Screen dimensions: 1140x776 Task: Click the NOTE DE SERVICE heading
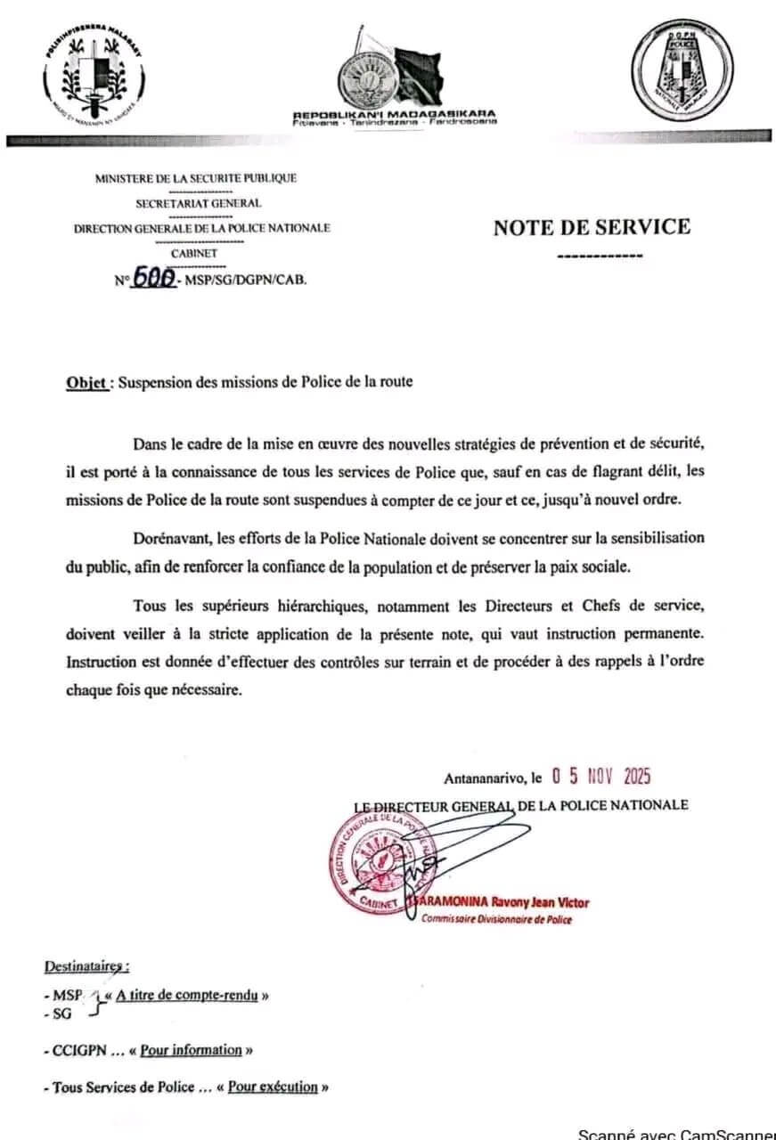[x=592, y=227]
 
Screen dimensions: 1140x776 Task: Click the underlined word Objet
[x=87, y=382]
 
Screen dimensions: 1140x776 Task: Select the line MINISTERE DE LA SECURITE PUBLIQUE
[x=196, y=178]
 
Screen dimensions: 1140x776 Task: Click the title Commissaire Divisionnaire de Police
[x=496, y=919]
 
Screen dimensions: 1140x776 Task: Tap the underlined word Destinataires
[x=86, y=967]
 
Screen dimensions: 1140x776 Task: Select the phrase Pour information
[x=191, y=1050]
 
